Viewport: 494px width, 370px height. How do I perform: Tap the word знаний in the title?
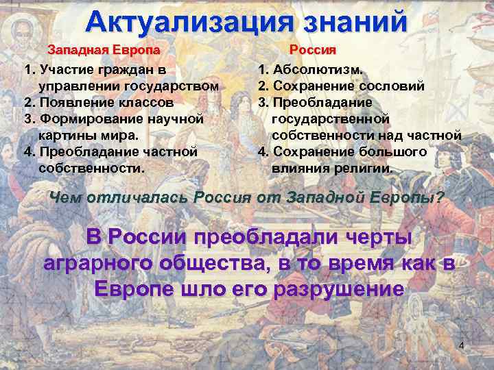351,21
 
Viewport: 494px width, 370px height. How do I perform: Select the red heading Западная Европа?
104,50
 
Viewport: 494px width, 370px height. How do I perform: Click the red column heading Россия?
312,50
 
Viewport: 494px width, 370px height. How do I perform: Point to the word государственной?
331,119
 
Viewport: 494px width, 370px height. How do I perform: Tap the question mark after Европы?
440,198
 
